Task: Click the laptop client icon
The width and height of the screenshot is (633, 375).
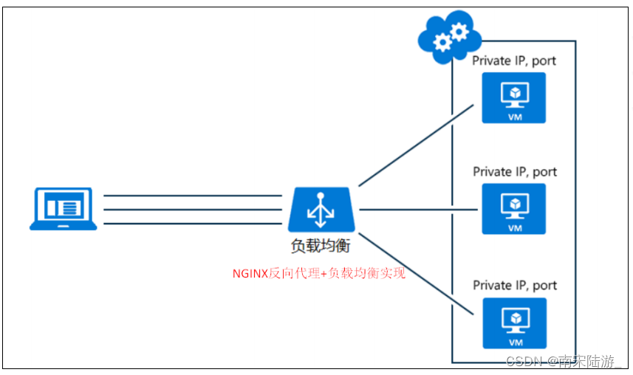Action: pos(63,209)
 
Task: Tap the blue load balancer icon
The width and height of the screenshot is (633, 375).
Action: pos(321,210)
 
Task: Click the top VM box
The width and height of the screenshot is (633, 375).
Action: pos(513,97)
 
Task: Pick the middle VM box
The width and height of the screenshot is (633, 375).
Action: pos(513,209)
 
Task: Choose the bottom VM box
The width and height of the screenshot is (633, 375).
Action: pos(513,323)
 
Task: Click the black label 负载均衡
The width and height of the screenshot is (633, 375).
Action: pos(321,247)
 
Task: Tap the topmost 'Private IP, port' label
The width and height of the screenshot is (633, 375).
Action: pos(514,61)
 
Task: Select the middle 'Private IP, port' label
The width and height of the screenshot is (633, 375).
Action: pos(514,172)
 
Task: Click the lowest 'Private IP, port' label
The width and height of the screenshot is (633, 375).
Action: pos(514,285)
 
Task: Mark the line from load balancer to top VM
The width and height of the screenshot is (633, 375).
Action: pos(415,145)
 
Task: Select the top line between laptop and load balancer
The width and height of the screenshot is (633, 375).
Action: pos(193,196)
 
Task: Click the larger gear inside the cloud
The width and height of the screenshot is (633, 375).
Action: pos(459,31)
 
